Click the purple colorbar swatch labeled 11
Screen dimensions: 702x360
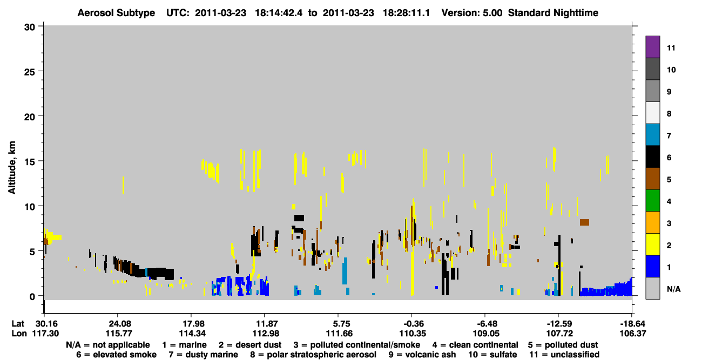652,46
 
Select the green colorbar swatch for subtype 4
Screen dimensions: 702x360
652,201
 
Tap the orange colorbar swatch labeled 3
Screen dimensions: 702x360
652,222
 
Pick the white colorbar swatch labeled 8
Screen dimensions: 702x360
652,113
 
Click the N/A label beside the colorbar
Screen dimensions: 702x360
674,289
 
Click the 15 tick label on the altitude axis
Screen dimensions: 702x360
30,162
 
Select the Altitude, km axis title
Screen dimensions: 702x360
12,168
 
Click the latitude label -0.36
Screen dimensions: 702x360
413,323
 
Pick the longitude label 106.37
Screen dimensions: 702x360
633,334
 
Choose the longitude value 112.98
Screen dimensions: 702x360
266,334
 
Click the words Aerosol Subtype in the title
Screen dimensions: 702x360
116,13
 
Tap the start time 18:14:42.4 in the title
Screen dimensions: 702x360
279,13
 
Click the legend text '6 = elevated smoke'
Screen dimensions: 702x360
116,355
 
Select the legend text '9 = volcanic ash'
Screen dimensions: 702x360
422,355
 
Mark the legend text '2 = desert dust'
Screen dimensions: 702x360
250,345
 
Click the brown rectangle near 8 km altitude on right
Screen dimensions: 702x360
584,222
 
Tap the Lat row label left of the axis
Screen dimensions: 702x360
18,323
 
